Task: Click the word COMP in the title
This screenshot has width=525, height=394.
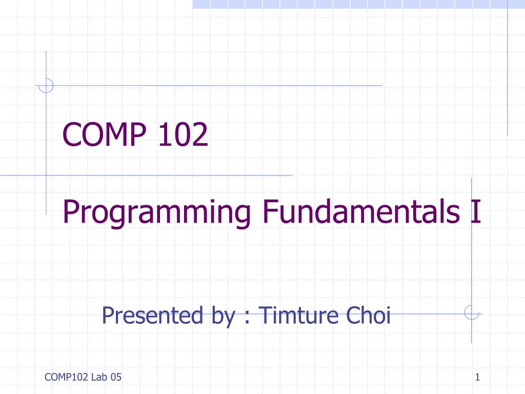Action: (105, 134)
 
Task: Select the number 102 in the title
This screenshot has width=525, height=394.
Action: (183, 134)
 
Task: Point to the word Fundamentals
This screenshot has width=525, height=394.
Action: (361, 211)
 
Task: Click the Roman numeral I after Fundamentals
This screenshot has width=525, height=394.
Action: (475, 211)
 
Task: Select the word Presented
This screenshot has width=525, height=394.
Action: (152, 316)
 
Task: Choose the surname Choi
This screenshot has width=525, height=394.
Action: (368, 316)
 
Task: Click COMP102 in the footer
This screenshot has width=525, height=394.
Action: (66, 377)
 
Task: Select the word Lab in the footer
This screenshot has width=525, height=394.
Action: (99, 377)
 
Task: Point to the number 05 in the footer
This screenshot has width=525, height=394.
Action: (116, 377)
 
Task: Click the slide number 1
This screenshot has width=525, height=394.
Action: (478, 377)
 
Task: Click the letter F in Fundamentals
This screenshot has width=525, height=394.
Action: (270, 211)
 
